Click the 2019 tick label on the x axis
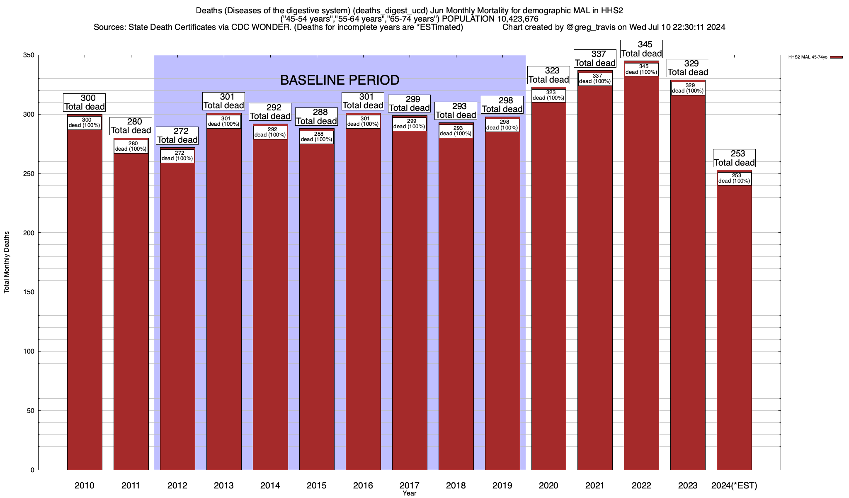pos(502,486)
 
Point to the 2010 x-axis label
pos(85,486)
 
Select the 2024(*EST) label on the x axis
pos(734,486)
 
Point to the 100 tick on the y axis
pos(29,352)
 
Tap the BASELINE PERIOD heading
pos(340,80)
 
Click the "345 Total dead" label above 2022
pos(641,49)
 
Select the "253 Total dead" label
pos(734,158)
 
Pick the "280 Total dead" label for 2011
pos(131,126)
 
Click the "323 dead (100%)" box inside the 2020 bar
pos(548,95)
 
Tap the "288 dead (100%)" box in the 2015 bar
pos(317,137)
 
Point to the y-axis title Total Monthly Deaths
pos(7,262)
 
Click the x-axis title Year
pos(409,493)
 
